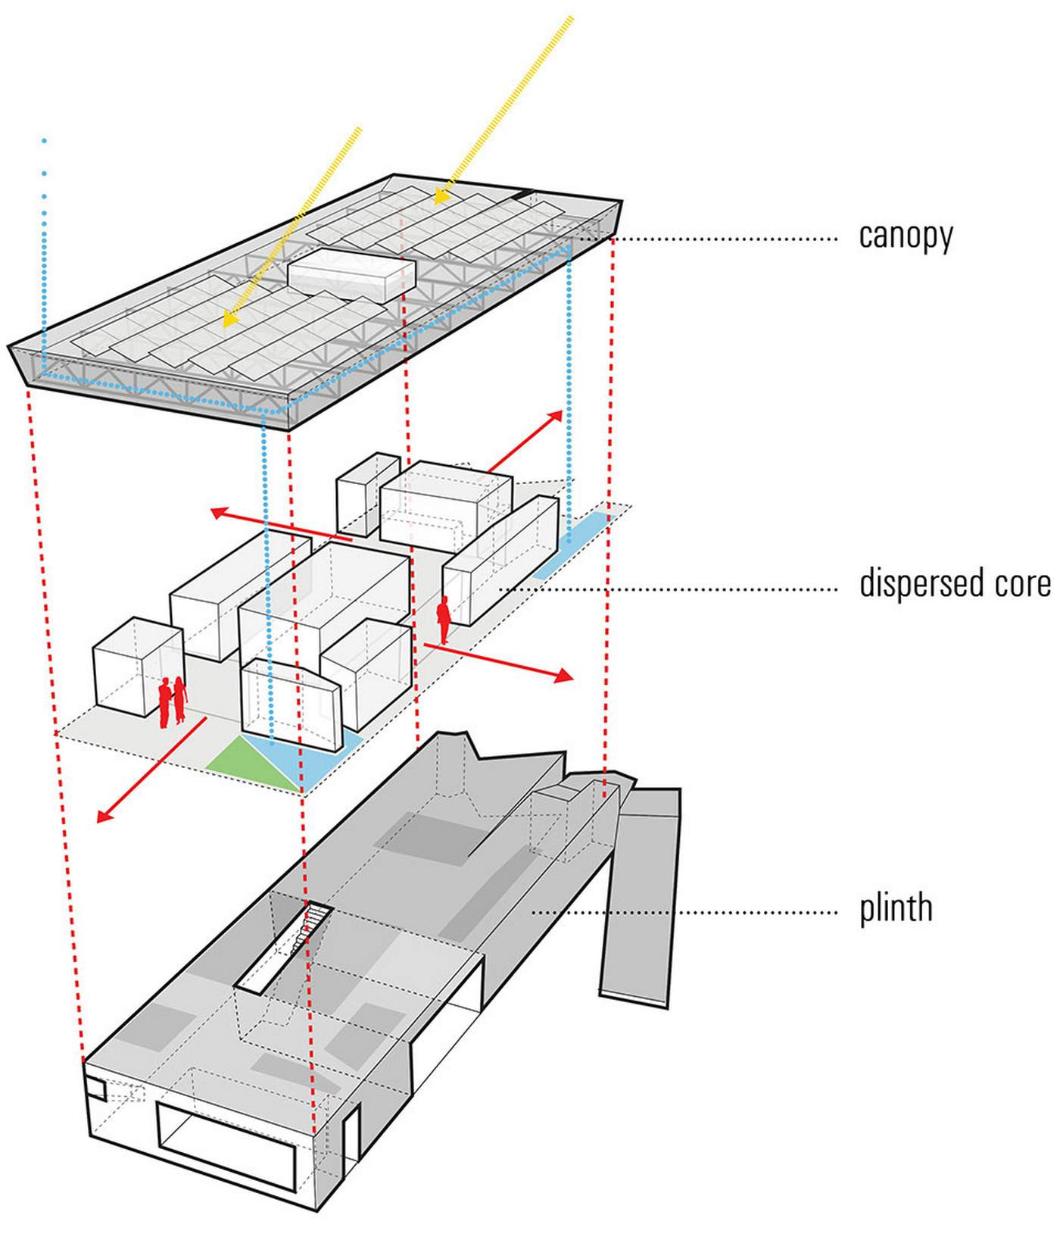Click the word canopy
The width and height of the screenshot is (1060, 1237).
point(905,236)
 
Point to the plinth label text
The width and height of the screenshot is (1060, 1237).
point(895,908)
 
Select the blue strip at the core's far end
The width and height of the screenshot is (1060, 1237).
point(572,544)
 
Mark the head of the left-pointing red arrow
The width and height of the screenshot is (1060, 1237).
point(218,513)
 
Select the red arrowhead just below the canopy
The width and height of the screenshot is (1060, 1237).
point(556,416)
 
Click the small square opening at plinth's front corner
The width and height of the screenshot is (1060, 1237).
point(96,1089)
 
